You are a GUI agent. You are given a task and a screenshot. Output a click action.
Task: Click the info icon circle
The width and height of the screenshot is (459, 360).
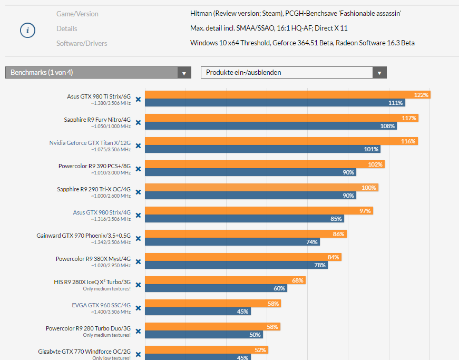coord(27,31)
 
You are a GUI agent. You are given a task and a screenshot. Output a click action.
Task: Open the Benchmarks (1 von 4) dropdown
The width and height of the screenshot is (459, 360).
coord(98,73)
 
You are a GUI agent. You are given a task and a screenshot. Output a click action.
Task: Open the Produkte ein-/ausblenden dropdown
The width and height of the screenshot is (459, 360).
coord(294,73)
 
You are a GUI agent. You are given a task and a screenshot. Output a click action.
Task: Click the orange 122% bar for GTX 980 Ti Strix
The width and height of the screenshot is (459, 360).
coord(287,95)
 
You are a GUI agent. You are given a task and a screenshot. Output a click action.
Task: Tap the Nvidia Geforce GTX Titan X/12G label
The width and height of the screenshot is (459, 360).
coord(90,143)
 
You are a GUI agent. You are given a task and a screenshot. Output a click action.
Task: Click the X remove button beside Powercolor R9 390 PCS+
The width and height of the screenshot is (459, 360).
coord(138,169)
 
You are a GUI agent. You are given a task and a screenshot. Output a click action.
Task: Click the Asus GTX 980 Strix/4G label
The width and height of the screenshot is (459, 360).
coord(102,212)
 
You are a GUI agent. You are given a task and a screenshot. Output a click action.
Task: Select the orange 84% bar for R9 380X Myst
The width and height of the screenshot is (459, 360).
coord(243,257)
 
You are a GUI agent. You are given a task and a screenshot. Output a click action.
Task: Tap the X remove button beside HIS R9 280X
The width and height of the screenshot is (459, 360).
coord(138,285)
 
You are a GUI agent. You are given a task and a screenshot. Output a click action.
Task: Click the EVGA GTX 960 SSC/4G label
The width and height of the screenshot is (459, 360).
coord(101,305)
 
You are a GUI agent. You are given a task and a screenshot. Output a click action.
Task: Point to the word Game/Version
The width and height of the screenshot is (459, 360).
coord(77,14)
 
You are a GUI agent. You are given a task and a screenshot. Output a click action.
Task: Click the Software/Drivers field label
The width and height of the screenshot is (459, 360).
coord(82,43)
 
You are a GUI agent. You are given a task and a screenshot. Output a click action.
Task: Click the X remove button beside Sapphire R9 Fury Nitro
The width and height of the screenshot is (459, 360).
coord(138,122)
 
